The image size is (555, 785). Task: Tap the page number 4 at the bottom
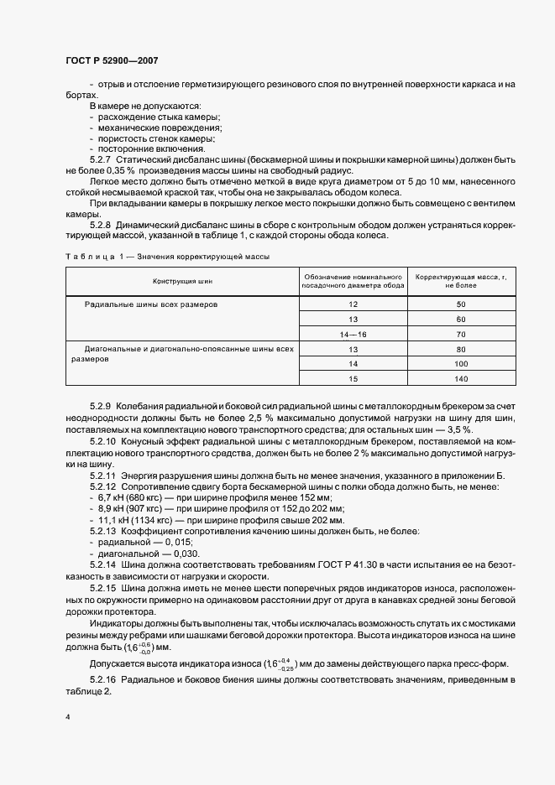[67, 717]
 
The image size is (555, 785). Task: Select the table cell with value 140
[460, 379]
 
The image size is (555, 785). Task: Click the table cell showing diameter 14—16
[353, 334]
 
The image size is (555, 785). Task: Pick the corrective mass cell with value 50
[460, 304]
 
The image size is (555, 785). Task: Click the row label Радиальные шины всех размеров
[151, 304]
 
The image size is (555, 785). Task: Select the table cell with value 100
[460, 364]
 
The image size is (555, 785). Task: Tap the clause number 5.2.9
[102, 406]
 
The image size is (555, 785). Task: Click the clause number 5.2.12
[104, 486]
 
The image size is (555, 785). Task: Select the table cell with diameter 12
[353, 304]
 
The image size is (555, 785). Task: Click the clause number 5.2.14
[104, 565]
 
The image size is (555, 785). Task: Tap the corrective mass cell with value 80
[460, 349]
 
